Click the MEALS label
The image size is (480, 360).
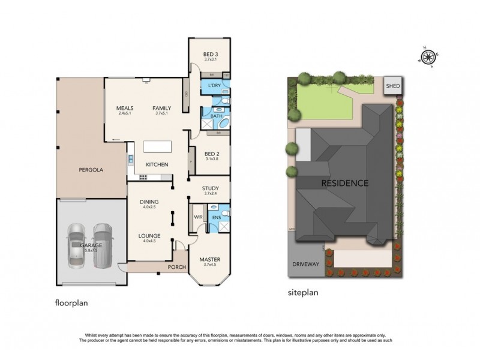coord(124,108)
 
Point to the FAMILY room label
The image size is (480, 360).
coord(161,108)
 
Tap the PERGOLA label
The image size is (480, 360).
coord(91,170)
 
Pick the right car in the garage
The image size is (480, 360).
coord(103,243)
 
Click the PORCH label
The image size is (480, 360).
coord(177,267)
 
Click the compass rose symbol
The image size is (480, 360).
coord(428,57)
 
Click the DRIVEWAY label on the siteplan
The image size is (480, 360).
coord(305,264)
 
